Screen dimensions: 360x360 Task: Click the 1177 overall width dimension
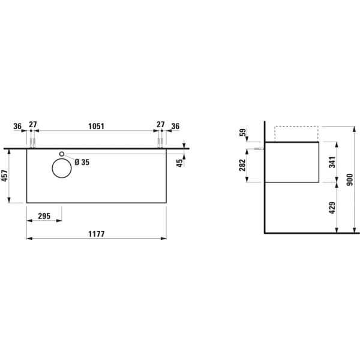pos(97,234)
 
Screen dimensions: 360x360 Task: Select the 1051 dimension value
pos(96,126)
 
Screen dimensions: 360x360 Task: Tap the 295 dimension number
pos(44,216)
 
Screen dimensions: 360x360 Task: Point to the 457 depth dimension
pos(5,176)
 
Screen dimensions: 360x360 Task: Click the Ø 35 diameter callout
pos(82,162)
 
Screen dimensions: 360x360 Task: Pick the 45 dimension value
pos(179,163)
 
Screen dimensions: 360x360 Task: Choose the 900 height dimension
pos(349,180)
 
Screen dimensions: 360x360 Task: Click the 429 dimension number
pos(332,208)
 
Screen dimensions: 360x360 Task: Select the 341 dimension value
pos(332,162)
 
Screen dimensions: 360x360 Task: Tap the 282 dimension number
pos(242,165)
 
